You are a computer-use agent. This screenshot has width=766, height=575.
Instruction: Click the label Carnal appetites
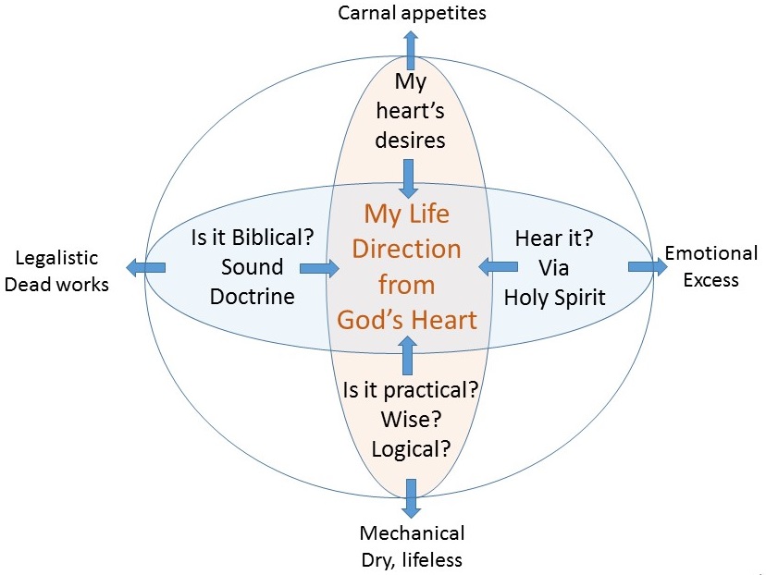[x=412, y=13]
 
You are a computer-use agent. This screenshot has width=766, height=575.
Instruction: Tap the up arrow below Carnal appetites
[x=411, y=50]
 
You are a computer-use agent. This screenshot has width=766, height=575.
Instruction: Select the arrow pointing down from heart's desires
[x=408, y=178]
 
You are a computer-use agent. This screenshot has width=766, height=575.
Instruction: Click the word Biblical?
[x=273, y=238]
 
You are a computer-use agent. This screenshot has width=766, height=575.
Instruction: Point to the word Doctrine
[x=252, y=297]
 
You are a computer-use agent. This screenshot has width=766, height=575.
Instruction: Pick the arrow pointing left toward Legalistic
[x=145, y=267]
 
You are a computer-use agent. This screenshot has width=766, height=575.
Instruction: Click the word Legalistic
[x=56, y=258]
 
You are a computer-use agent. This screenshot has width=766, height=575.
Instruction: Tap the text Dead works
[x=56, y=284]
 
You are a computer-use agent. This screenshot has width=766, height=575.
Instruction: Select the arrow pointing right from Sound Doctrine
[x=319, y=268]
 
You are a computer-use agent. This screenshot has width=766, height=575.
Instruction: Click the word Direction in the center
[x=406, y=249]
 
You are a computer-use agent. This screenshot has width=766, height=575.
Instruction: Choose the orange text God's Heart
[x=407, y=320]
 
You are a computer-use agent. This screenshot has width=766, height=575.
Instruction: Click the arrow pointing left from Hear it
[x=498, y=267]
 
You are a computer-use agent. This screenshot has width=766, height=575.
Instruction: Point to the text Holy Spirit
[x=555, y=298]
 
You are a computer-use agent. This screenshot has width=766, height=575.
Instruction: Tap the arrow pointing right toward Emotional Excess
[x=648, y=266]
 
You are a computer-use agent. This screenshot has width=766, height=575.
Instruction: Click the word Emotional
[x=711, y=253]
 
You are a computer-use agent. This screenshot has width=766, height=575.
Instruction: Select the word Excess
[x=710, y=280]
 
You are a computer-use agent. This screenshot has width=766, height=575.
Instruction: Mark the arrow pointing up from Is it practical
[x=407, y=355]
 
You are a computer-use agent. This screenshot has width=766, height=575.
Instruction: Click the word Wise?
[x=412, y=419]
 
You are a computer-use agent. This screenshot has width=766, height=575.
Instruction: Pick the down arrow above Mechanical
[x=411, y=498]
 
